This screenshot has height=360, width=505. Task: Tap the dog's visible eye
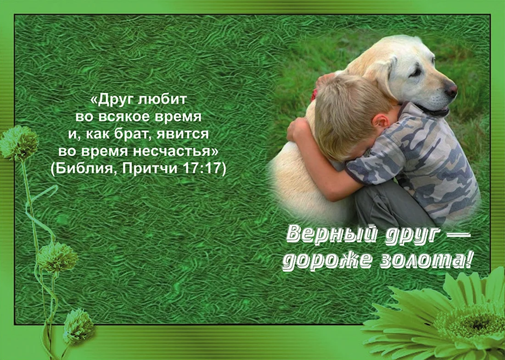[416, 72]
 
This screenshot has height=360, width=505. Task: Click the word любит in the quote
[162, 99]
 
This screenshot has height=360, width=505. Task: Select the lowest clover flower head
[79, 326]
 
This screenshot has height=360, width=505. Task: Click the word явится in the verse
[183, 134]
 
